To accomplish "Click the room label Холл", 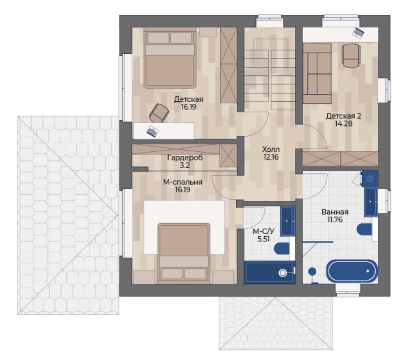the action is pyautogui.click(x=271, y=149).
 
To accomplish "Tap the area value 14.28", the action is pyautogui.click(x=344, y=124).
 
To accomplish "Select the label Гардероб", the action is pyautogui.click(x=185, y=158).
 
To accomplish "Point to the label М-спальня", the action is pyautogui.click(x=183, y=182).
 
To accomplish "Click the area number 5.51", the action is pyautogui.click(x=263, y=239).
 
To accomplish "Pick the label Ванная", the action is pyautogui.click(x=335, y=212).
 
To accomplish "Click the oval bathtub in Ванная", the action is pyautogui.click(x=352, y=271).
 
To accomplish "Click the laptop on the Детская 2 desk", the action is pyautogui.click(x=358, y=33).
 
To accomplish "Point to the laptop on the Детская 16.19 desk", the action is pyautogui.click(x=153, y=131).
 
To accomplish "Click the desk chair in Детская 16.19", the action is pyautogui.click(x=159, y=113).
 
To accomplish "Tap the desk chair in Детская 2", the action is pyautogui.click(x=351, y=55).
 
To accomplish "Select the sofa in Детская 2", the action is pyautogui.click(x=317, y=73).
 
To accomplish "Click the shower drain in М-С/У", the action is pyautogui.click(x=282, y=273).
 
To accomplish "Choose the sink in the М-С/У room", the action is pyautogui.click(x=288, y=221).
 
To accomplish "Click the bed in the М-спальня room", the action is pyautogui.click(x=183, y=254).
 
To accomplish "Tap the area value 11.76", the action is pyautogui.click(x=335, y=220).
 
